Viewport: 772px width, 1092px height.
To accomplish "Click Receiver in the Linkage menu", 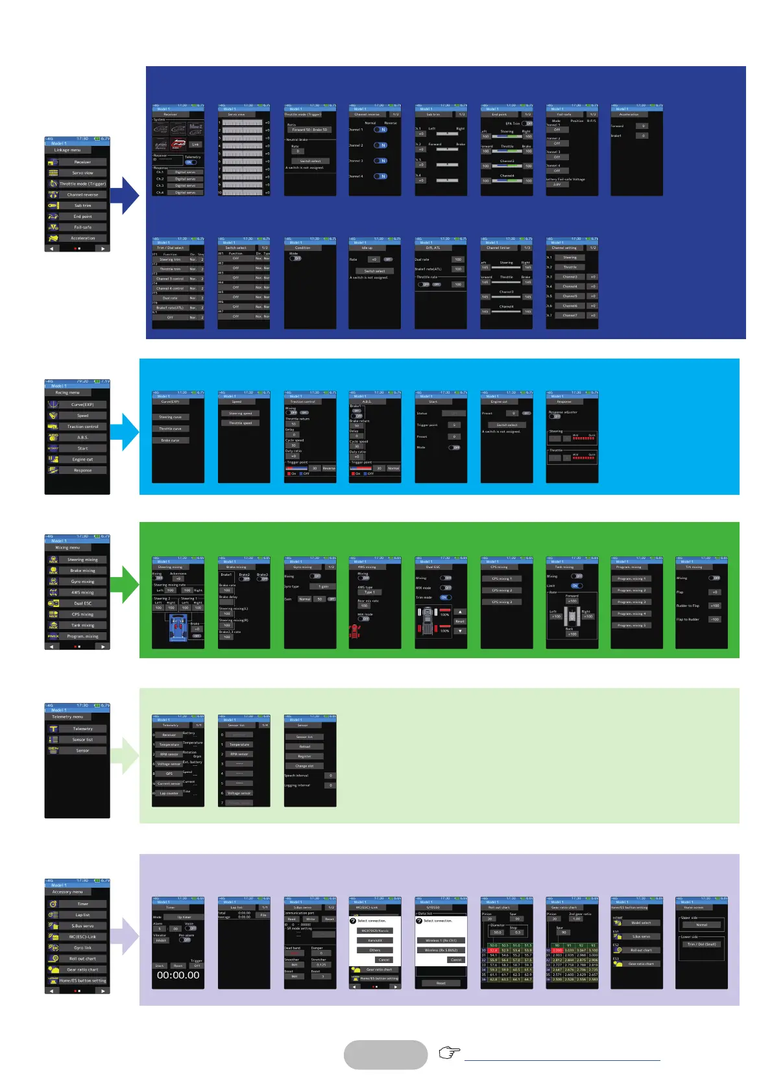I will pos(82,162).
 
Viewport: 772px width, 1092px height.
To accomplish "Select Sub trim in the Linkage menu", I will pos(82,206).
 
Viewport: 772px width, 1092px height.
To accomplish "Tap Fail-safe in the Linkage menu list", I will pos(82,228).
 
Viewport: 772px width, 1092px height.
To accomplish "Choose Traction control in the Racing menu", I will pos(82,427).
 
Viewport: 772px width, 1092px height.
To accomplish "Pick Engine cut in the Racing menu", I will pos(82,460).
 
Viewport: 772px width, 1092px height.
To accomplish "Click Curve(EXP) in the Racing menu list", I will pos(82,405).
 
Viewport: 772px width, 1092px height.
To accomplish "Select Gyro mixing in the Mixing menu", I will pos(82,582).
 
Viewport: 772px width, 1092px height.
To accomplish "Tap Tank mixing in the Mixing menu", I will pos(82,626).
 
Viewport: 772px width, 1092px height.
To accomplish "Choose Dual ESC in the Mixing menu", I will pos(82,604).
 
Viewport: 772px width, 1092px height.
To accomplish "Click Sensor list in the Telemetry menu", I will pos(82,740).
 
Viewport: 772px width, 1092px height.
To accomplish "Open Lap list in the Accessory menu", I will pos(82,915).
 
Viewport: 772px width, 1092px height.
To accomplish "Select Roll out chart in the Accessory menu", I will pos(82,959).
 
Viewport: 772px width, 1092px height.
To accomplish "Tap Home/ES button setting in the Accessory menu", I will pos(82,981).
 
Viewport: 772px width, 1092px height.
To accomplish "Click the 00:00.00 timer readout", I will pos(178,975).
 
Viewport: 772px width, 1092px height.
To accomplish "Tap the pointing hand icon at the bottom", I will pos(449,1052).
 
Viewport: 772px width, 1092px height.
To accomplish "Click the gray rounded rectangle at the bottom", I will pos(385,1055).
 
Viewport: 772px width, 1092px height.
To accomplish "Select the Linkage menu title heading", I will pos(67,150).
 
